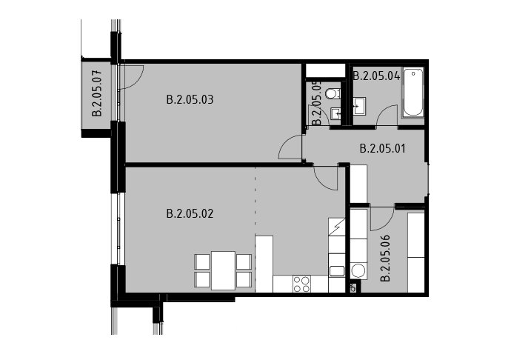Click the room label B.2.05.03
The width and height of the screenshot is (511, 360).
[x=190, y=99]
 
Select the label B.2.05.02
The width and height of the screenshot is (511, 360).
[x=190, y=213]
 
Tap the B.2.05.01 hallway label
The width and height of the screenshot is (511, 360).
[x=383, y=149]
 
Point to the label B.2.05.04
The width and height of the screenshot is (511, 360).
[x=376, y=76]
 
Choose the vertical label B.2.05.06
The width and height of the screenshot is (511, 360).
[x=385, y=258]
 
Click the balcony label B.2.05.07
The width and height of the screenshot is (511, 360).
[x=97, y=93]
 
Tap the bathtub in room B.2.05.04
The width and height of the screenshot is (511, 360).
[x=413, y=93]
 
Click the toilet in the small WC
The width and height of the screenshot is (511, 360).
[x=333, y=93]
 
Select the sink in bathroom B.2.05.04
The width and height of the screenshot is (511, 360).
[x=358, y=106]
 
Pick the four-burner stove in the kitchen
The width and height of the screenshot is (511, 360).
[x=301, y=284]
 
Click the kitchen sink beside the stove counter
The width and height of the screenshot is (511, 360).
[x=337, y=271]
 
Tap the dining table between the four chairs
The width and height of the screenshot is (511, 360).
[x=223, y=270]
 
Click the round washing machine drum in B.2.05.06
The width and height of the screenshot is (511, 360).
[x=358, y=271]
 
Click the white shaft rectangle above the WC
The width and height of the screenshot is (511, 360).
[x=325, y=70]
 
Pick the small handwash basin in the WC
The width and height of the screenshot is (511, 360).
[x=335, y=113]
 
